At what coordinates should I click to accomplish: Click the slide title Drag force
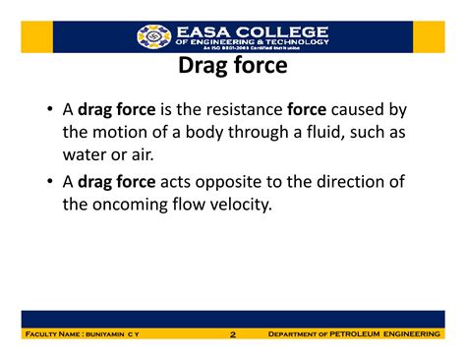(233, 67)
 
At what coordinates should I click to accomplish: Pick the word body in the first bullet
(201, 133)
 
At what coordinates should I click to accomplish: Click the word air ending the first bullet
(154, 154)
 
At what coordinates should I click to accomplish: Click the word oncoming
(140, 205)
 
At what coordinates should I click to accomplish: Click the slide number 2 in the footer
(233, 335)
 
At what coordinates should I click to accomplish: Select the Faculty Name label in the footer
(57, 335)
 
